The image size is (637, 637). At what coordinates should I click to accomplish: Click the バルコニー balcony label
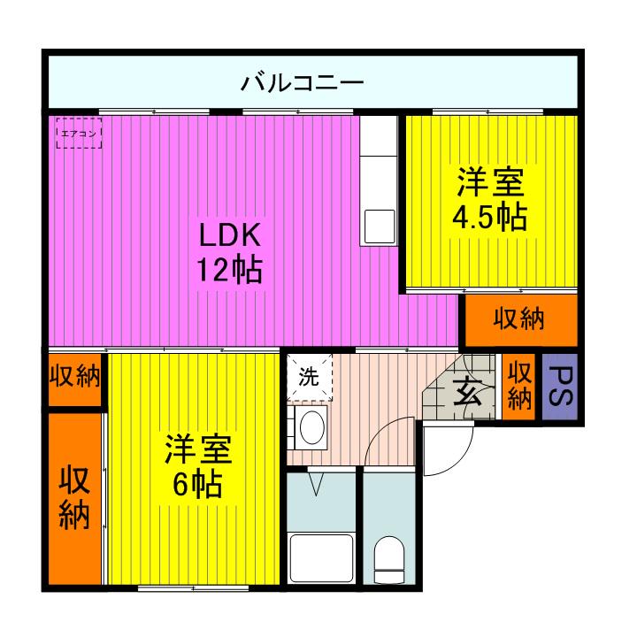point(303,85)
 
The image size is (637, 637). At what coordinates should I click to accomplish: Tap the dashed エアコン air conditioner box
point(79,134)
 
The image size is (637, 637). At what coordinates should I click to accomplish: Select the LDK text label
point(228,236)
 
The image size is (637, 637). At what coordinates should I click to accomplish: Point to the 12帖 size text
point(228,268)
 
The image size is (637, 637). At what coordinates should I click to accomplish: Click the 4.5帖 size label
point(489,217)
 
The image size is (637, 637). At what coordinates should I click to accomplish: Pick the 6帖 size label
point(196,484)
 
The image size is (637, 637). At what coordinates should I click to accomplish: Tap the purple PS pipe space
point(559,388)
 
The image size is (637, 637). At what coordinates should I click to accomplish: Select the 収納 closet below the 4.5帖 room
point(518,319)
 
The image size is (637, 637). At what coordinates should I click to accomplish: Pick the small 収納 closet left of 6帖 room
point(74,378)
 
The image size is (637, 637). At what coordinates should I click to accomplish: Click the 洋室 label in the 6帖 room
point(196,450)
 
